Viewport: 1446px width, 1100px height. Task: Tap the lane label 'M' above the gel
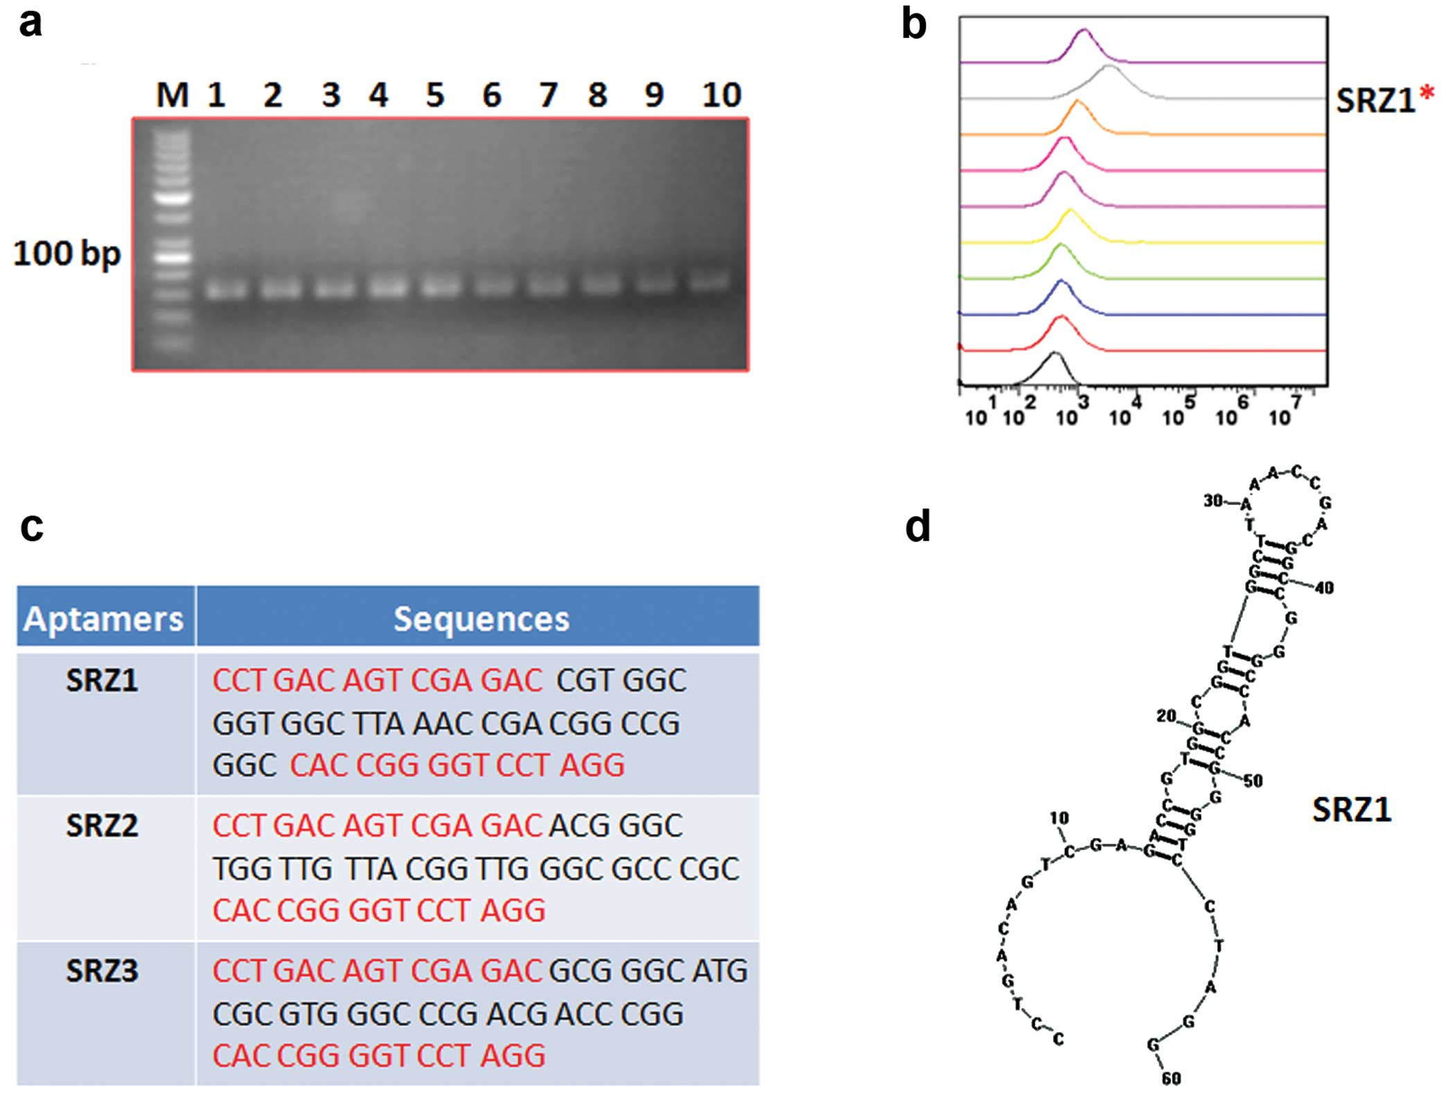tap(172, 95)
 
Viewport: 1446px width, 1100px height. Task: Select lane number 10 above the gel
tap(721, 95)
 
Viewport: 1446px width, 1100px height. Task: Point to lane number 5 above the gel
tap(434, 95)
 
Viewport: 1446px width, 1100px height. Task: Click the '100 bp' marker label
tap(67, 254)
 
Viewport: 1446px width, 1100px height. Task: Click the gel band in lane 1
tap(226, 287)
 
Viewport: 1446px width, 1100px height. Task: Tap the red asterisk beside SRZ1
tap(1426, 94)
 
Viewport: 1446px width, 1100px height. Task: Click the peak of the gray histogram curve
tap(1109, 66)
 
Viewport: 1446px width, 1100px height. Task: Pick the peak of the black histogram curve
tap(1054, 353)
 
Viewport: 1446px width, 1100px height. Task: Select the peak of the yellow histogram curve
tap(1070, 210)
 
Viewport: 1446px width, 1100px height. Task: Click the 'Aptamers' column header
tap(104, 618)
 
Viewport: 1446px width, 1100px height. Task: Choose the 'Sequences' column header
tap(481, 618)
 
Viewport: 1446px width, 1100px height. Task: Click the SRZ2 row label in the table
tap(102, 826)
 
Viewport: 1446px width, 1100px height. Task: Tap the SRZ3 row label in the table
tap(102, 971)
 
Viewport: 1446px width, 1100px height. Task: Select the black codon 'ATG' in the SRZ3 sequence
tap(719, 971)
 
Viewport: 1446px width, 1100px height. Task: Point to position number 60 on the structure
tap(1171, 1078)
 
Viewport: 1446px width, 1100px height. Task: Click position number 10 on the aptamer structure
tap(1059, 818)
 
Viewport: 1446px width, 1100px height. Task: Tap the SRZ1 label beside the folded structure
tap(1351, 809)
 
